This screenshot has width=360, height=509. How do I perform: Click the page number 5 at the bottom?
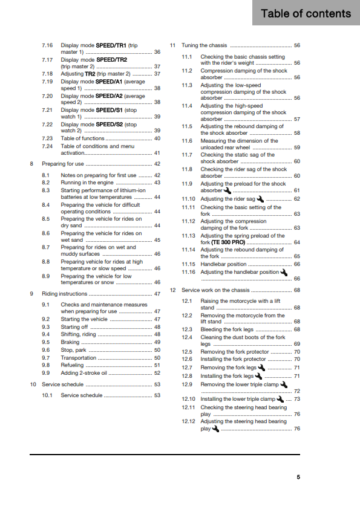298,476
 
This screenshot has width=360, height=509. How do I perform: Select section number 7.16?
48,45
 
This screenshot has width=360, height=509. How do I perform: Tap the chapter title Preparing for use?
63,164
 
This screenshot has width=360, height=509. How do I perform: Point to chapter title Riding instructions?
65,294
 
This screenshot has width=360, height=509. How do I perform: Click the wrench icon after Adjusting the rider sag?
260,198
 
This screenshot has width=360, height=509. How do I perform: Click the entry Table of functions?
82,138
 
